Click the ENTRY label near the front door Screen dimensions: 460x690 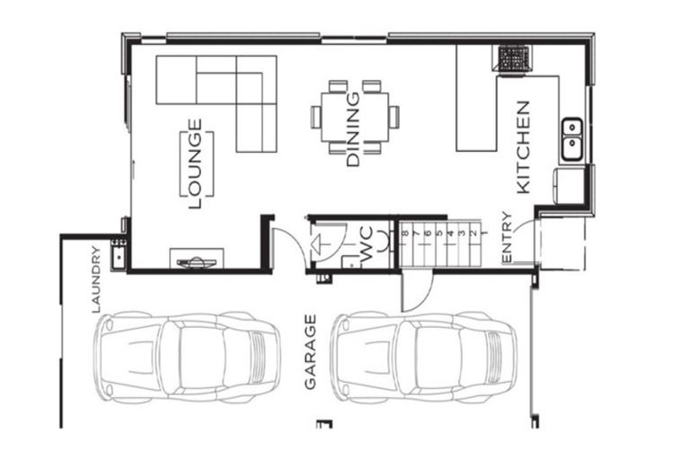coord(507,238)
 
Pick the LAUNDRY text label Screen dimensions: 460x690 coord(96,279)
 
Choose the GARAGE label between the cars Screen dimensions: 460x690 coord(311,351)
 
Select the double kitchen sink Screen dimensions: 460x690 coord(571,139)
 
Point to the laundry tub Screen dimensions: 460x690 coord(118,256)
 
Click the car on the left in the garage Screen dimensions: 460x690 coord(187,357)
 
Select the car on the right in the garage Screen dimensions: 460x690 coord(424,357)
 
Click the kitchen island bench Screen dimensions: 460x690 coord(476,99)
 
